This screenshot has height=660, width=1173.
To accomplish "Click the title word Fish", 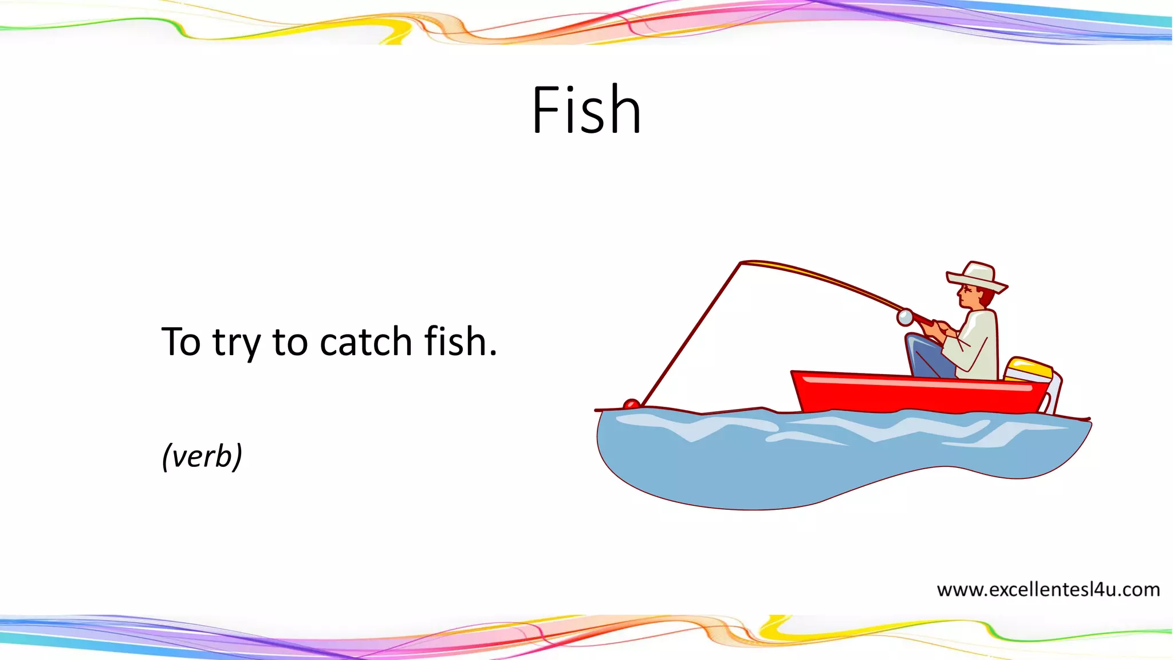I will coord(586,110).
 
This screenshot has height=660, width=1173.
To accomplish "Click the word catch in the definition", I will coord(365,342).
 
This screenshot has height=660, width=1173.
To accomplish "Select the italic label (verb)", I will coord(202,456).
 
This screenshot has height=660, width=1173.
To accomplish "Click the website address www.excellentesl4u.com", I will coord(1048,590).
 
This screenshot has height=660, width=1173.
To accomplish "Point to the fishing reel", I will coord(905,317).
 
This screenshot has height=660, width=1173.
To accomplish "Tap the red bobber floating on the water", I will coord(631,404).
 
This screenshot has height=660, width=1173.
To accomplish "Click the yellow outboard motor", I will coord(1029,370).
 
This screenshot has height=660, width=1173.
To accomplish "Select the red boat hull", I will coord(916,392).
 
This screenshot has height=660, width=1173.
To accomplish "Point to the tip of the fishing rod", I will coord(741,263).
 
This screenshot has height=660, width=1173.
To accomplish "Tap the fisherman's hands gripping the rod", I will coord(939,327).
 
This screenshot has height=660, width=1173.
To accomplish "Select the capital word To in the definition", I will coord(181,342).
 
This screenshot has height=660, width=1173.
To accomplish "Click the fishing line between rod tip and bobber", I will coord(690,335).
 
